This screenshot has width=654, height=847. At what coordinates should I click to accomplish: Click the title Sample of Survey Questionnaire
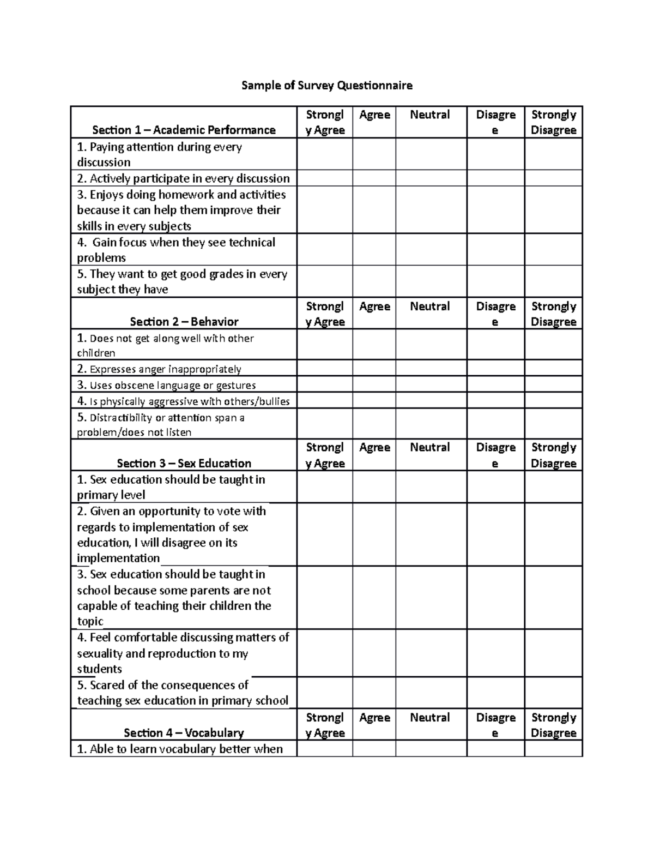tap(327, 86)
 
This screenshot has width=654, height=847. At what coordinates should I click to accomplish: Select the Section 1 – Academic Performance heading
tap(184, 130)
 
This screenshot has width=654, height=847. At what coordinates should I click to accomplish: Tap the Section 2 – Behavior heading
tap(184, 322)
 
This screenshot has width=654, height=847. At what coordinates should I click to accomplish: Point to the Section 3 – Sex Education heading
tap(184, 463)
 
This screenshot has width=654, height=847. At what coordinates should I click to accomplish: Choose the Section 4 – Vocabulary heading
tap(184, 732)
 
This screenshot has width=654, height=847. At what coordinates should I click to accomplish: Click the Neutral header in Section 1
tap(430, 115)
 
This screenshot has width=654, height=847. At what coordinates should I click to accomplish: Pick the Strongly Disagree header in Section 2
tap(553, 314)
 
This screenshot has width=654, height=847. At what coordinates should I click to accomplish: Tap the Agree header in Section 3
tap(374, 448)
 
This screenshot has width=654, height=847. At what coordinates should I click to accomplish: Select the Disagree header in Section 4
tap(495, 725)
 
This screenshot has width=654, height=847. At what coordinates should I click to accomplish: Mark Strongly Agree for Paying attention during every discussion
tap(324, 154)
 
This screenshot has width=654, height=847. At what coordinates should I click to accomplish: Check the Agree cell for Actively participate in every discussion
tap(374, 178)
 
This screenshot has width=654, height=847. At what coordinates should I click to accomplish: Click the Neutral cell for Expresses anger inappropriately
tap(431, 369)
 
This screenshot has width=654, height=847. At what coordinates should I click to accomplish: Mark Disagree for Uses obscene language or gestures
tap(495, 385)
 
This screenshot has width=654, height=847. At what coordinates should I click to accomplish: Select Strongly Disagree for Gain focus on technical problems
tap(553, 250)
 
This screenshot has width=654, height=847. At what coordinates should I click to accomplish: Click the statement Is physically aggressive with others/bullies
tap(184, 401)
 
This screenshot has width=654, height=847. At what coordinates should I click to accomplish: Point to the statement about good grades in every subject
tap(181, 281)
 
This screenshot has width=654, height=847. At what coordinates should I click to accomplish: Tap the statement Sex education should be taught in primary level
tap(171, 487)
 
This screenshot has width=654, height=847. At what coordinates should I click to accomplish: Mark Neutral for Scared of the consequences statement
tap(431, 693)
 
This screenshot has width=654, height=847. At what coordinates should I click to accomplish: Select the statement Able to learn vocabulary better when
tap(180, 749)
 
